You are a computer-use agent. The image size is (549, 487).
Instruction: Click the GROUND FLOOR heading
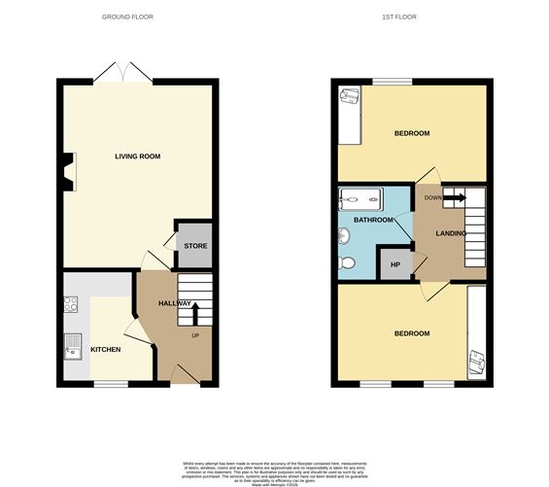[x=127, y=17]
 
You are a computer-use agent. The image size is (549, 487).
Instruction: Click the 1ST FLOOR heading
[x=411, y=17]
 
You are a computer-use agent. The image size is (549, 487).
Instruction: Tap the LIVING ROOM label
[x=137, y=157]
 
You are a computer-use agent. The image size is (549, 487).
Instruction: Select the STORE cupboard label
[x=195, y=246]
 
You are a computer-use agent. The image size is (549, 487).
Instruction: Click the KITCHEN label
[x=105, y=349]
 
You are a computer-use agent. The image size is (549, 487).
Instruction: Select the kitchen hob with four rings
[x=71, y=303]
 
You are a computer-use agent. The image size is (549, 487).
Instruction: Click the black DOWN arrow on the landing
[x=456, y=199]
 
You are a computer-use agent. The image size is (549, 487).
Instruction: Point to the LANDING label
[x=451, y=234]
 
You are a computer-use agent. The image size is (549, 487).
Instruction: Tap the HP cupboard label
[x=395, y=264]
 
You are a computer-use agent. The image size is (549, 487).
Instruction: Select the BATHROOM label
[x=372, y=221]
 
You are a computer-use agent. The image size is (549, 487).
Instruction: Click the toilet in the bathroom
[x=348, y=261]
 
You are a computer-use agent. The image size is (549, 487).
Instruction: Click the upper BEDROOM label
[x=412, y=133]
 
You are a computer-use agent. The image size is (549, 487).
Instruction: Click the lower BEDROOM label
[x=411, y=333]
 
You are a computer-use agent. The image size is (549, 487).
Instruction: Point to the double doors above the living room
[x=122, y=71]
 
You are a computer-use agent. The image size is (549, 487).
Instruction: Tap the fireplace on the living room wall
[x=67, y=172]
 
